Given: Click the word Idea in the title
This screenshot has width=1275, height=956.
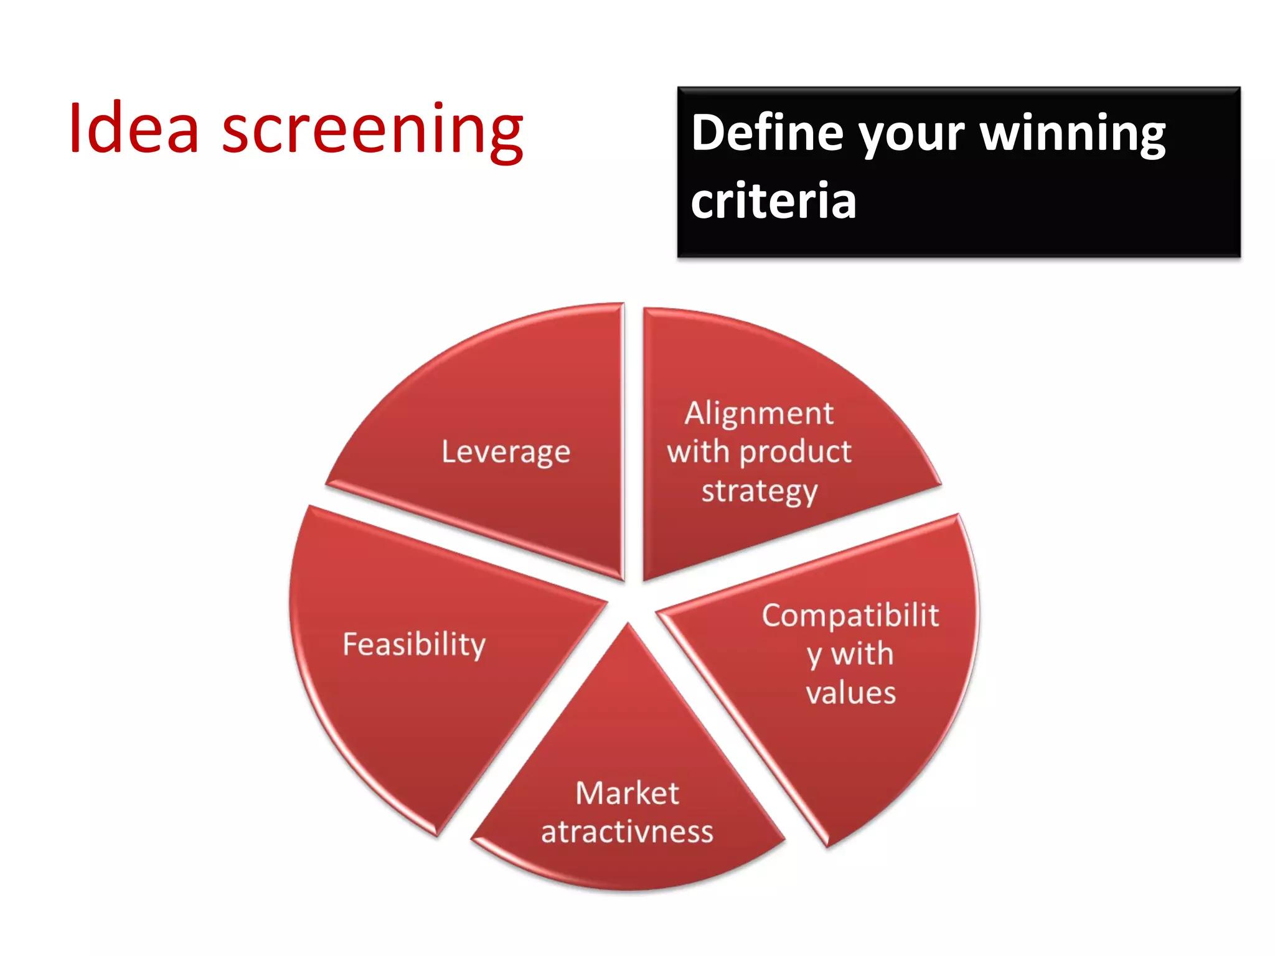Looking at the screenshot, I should tap(134, 129).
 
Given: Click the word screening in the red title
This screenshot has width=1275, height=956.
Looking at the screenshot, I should tap(372, 131).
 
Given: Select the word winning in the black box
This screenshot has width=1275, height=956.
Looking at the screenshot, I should tap(1072, 134).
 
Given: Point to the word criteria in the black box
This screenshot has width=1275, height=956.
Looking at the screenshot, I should tap(773, 201).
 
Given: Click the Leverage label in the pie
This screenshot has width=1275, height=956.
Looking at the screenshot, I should tap(506, 452).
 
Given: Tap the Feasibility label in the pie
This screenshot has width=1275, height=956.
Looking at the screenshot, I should tap(414, 644).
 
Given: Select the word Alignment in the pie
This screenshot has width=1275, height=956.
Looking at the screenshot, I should tap(759, 414).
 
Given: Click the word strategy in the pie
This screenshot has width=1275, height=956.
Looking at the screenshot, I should tap(759, 492).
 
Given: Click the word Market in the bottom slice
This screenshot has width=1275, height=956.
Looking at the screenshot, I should tap(627, 794).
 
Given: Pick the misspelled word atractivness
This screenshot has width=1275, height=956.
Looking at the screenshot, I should tap(627, 832).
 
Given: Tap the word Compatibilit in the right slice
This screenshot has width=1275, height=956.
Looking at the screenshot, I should tap(850, 616).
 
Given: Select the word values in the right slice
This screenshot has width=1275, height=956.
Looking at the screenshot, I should tap(850, 693).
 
